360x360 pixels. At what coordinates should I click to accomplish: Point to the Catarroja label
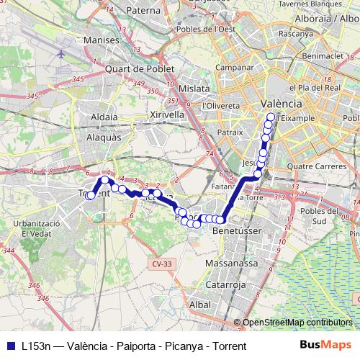226,285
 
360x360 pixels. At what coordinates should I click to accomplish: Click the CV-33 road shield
162,264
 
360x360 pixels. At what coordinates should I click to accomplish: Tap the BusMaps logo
325,346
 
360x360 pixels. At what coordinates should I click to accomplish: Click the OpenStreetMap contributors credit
297,322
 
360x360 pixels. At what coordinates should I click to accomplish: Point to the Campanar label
233,66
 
